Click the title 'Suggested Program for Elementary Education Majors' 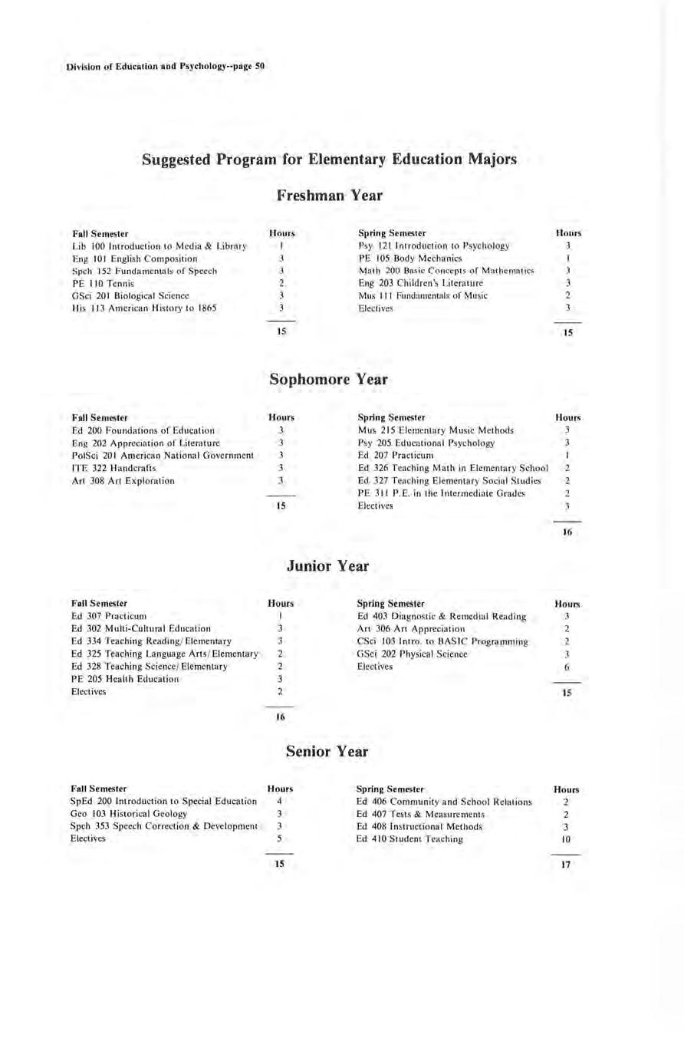click(x=329, y=160)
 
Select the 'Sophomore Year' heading click(x=329, y=380)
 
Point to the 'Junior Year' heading click(x=327, y=566)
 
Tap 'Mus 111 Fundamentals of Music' click(x=417, y=295)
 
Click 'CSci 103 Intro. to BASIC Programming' click(x=443, y=641)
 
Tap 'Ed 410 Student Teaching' click(x=410, y=839)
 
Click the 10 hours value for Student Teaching click(x=564, y=839)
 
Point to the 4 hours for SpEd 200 click(x=280, y=801)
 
